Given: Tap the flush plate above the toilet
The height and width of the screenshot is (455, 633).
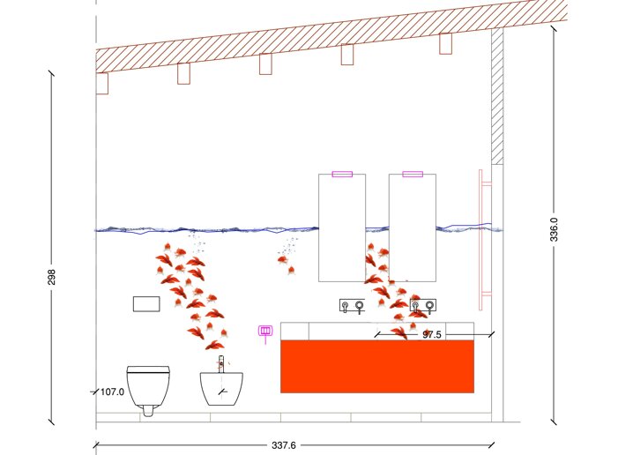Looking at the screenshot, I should [146, 304].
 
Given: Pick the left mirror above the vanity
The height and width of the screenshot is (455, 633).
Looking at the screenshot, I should [342, 227].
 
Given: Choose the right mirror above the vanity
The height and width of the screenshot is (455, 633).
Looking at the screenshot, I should [413, 227].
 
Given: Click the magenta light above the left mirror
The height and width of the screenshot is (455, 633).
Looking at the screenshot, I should [342, 174].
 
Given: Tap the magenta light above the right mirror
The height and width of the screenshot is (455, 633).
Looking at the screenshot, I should [413, 174].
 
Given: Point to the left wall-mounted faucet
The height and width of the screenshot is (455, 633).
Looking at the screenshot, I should [352, 306].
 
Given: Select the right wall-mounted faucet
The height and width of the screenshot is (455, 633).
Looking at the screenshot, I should [422, 306].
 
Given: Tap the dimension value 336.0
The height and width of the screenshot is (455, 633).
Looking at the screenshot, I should [554, 231].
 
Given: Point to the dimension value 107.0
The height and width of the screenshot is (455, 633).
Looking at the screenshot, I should [112, 392].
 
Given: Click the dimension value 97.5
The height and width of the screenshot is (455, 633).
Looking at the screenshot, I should [431, 335].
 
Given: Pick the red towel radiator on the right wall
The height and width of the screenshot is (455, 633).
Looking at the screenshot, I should [483, 239].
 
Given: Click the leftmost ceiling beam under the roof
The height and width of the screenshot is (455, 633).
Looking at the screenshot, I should [101, 84].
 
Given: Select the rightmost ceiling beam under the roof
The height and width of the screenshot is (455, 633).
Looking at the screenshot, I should [445, 43].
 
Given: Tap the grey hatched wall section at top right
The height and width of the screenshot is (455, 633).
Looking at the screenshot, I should [496, 97].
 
